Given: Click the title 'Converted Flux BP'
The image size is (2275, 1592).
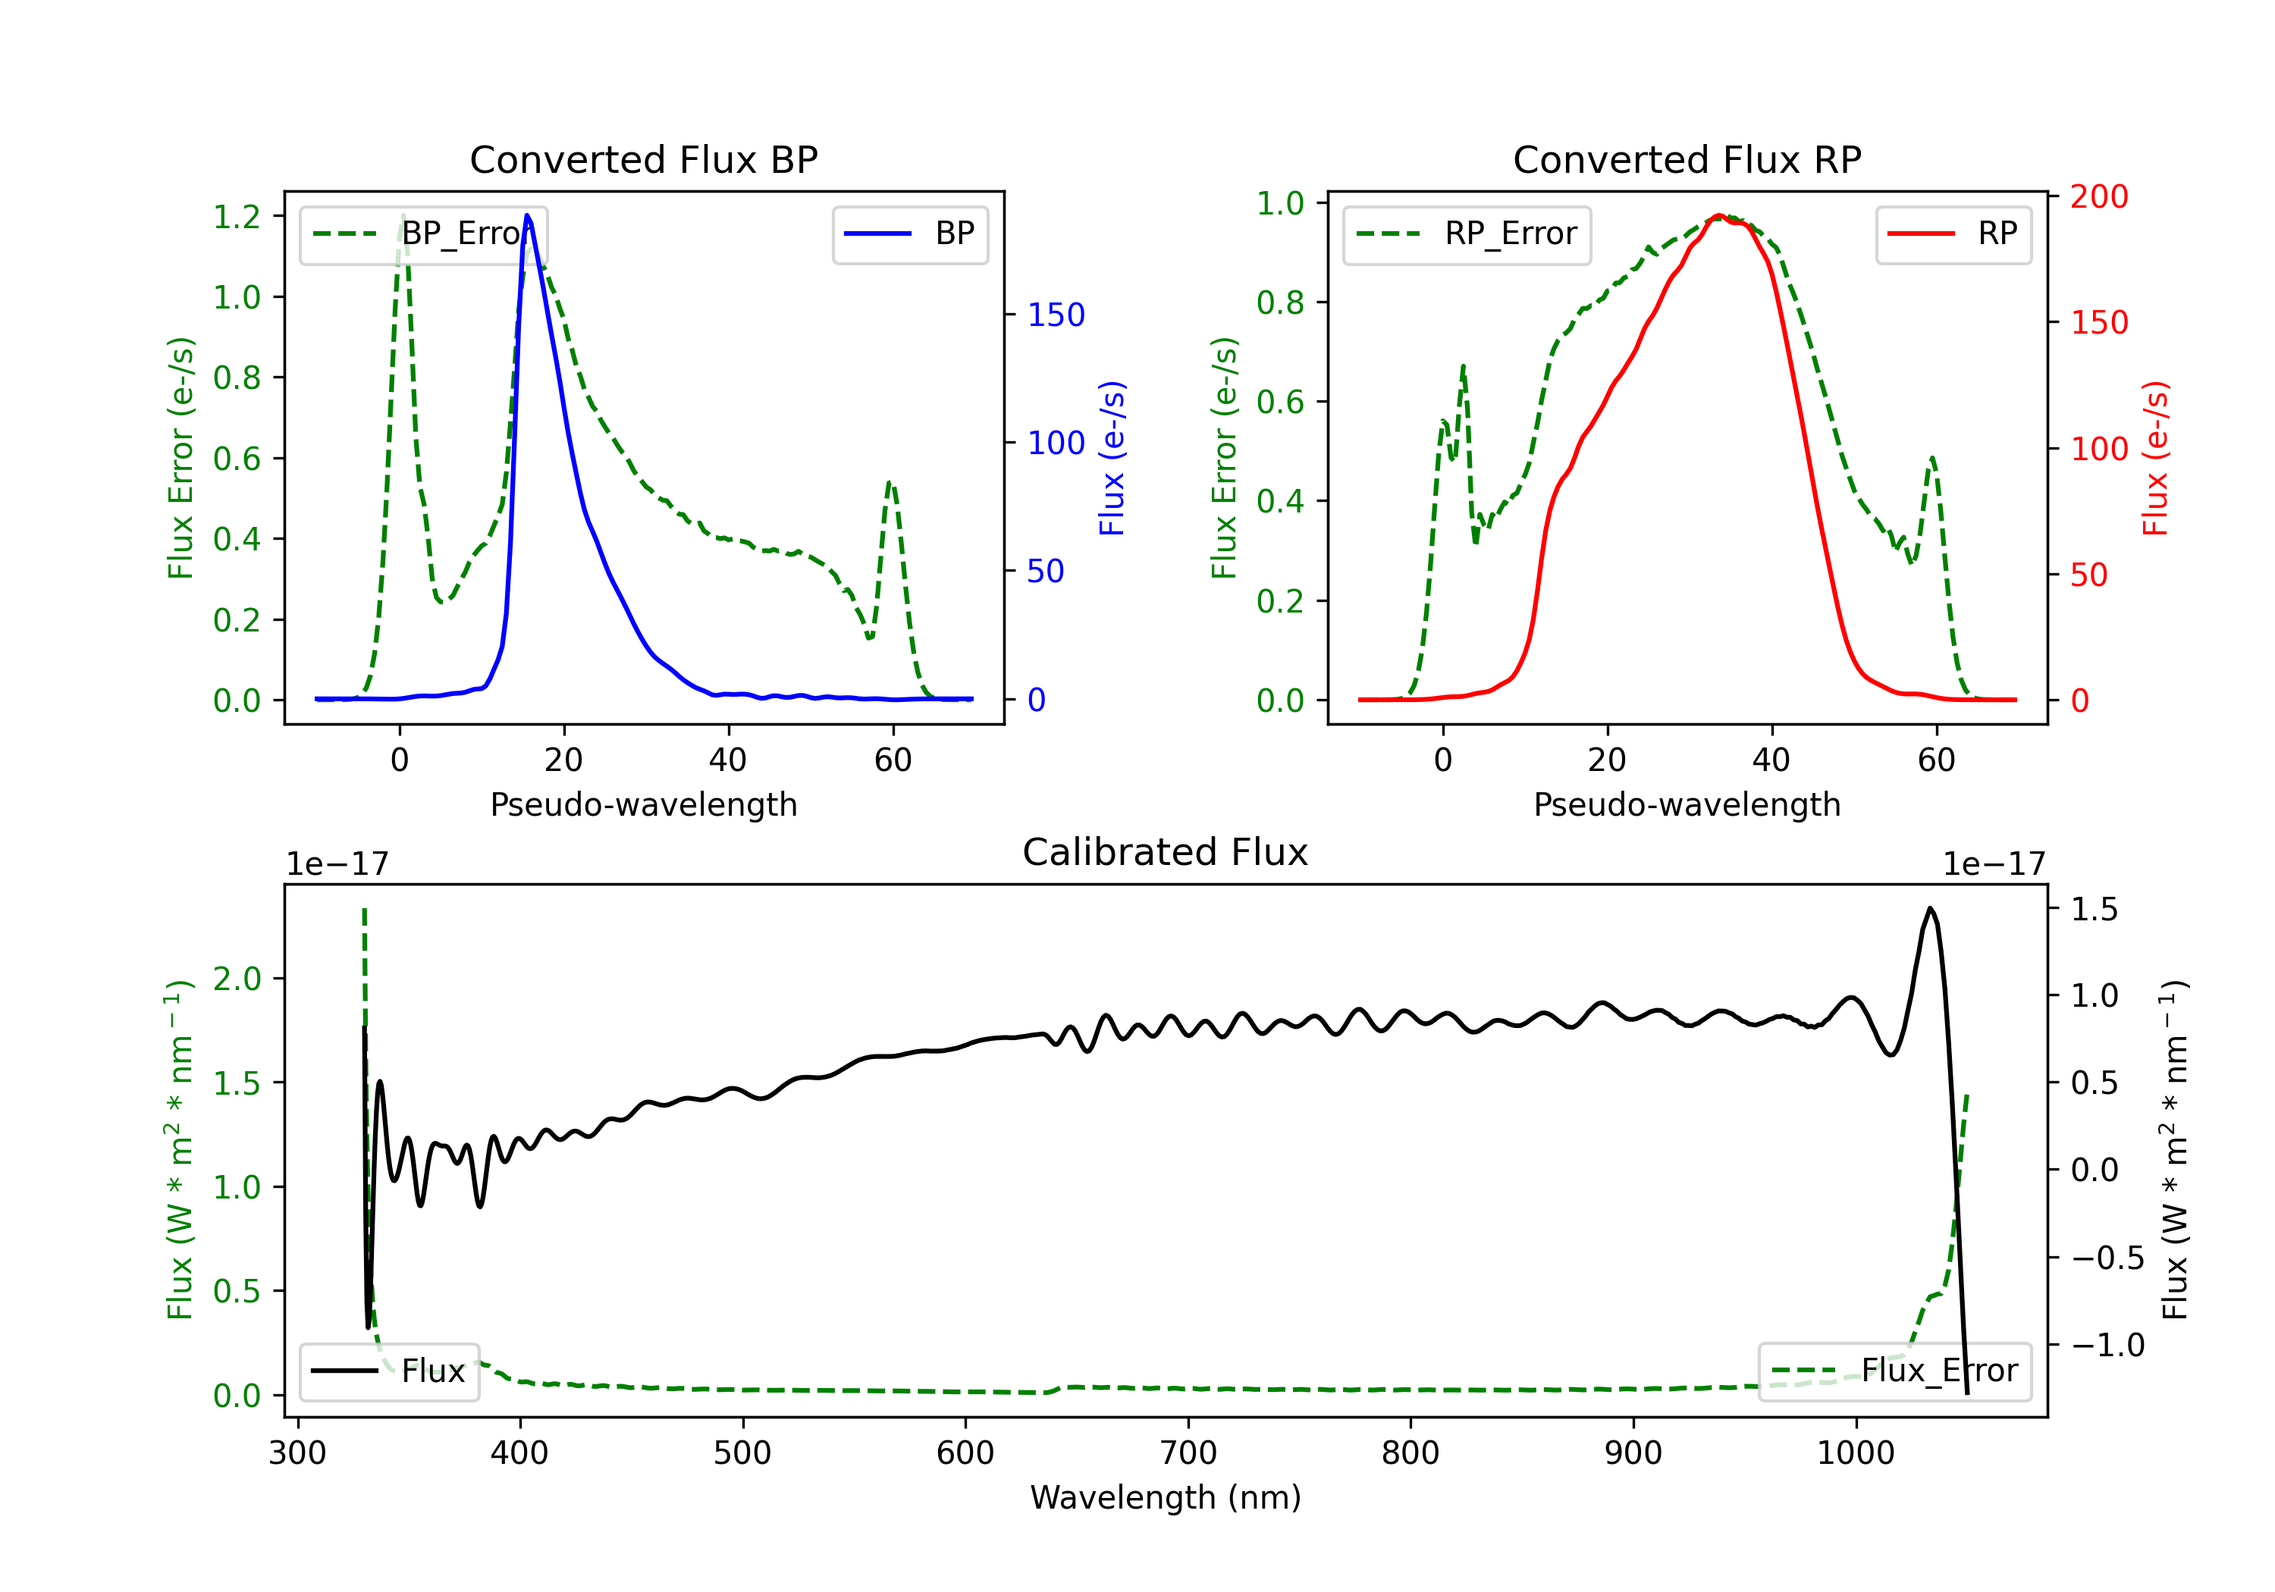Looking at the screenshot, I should click(x=643, y=159).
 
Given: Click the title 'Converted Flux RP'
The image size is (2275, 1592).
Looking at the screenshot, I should click(x=1687, y=159).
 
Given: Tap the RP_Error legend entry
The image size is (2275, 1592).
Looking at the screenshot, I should click(x=1467, y=233).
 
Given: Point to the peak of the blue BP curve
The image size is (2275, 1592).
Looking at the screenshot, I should click(x=527, y=215).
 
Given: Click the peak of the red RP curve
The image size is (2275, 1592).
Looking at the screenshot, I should click(x=1719, y=215).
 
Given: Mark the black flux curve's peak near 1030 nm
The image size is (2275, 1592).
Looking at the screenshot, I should click(x=1930, y=907).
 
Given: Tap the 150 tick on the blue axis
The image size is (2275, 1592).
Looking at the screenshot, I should click(x=1056, y=315).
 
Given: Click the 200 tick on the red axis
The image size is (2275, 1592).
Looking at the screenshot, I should click(x=2098, y=196).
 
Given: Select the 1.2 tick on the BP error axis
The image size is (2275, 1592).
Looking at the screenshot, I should click(x=237, y=216).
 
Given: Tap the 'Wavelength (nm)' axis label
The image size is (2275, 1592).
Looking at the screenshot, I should click(x=1166, y=1497).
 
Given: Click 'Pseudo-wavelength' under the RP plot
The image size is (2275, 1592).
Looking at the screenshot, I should click(x=1687, y=804).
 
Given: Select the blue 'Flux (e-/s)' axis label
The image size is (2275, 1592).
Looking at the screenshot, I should click(x=1112, y=458).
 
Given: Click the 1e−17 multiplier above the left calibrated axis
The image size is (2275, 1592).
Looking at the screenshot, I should click(x=337, y=864).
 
